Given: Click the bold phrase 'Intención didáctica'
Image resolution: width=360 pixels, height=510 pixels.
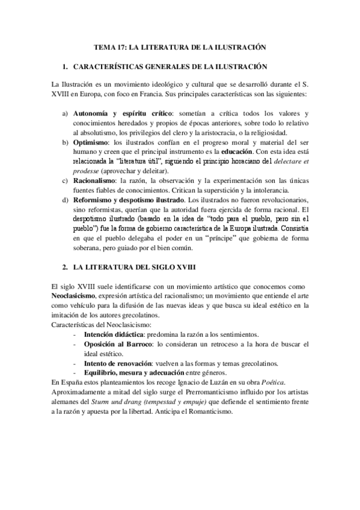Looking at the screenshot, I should [114, 334].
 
